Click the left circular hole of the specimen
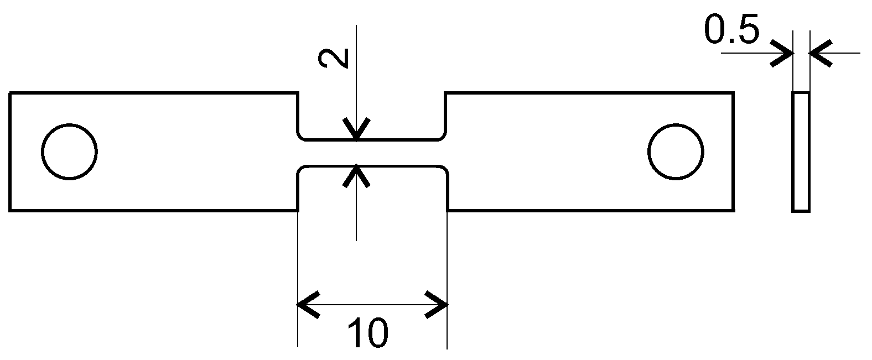pyautogui.click(x=70, y=152)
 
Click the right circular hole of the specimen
pyautogui.click(x=676, y=152)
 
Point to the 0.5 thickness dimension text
pyautogui.click(x=731, y=30)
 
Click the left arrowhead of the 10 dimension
pyautogui.click(x=307, y=304)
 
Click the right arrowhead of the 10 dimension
pyautogui.click(x=438, y=304)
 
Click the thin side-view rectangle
pyautogui.click(x=801, y=152)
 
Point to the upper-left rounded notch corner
pyautogui.click(x=301, y=136)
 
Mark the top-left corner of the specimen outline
pyautogui.click(x=11, y=93)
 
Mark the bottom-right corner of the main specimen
pyautogui.click(x=733, y=210)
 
